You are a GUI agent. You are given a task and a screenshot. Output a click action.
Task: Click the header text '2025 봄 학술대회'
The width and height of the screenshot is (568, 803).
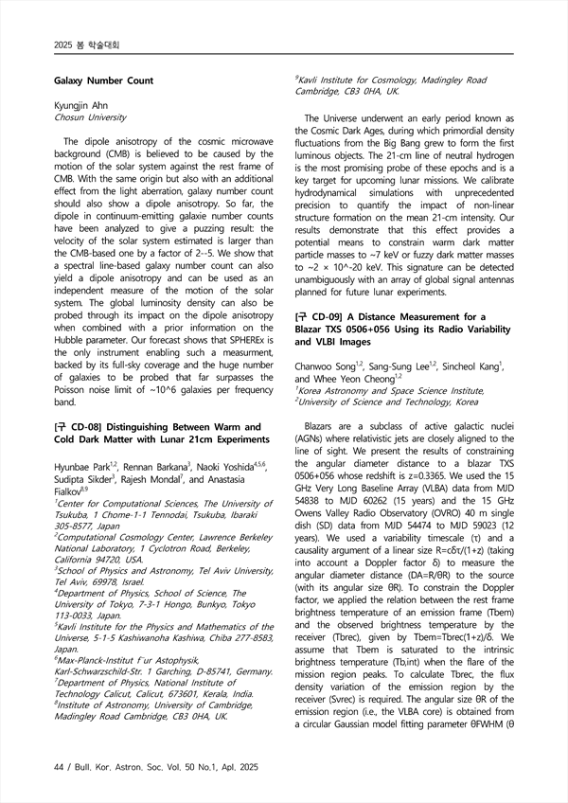pos(80,45)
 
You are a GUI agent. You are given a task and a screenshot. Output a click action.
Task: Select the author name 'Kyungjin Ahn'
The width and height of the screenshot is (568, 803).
pos(81,107)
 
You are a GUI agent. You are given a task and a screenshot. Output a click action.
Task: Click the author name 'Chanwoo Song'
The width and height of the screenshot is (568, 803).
pos(327,365)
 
